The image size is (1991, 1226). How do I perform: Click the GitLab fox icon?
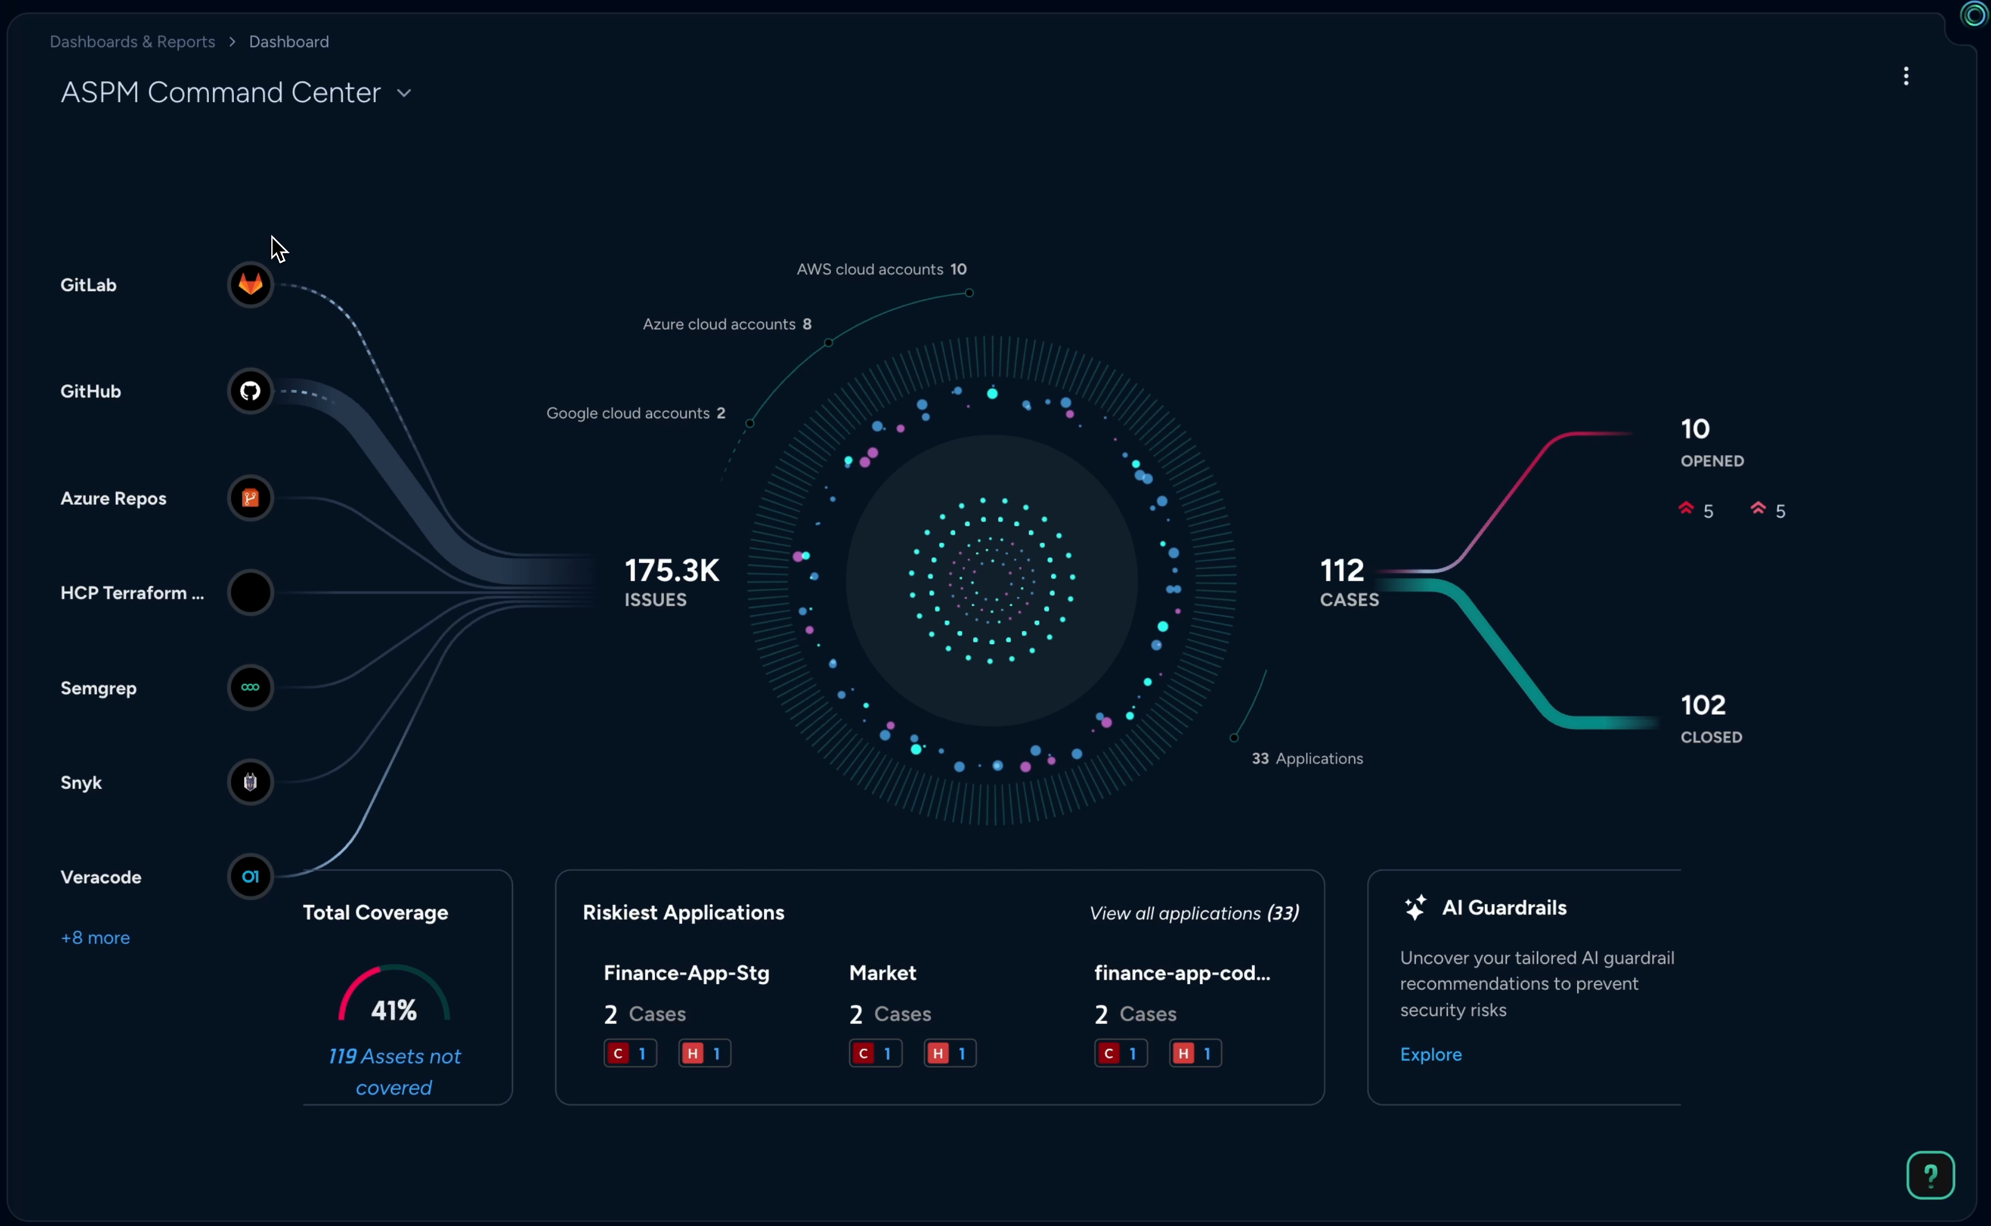click(250, 284)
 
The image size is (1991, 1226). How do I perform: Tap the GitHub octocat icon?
click(250, 391)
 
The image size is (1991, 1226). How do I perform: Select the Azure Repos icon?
click(250, 498)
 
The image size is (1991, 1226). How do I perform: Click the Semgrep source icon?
click(250, 687)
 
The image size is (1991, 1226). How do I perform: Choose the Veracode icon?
click(250, 876)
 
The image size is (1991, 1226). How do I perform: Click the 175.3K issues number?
click(672, 570)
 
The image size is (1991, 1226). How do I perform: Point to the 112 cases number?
click(1342, 570)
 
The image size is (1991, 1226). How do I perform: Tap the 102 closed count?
click(1703, 704)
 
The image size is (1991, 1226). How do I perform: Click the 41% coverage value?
click(394, 1010)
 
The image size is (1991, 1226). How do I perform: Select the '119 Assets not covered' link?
click(394, 1071)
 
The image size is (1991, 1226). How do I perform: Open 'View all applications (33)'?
click(1194, 913)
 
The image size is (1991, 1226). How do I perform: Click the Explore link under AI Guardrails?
click(1431, 1054)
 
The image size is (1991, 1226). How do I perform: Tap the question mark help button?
click(1930, 1175)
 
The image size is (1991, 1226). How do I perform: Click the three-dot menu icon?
click(1906, 76)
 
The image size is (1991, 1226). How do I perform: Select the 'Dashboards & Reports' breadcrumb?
click(132, 41)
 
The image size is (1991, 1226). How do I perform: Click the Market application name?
click(882, 973)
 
